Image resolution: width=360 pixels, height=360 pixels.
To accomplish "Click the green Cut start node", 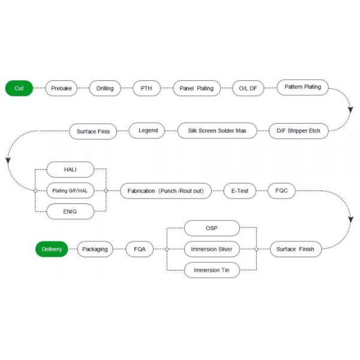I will click(19, 88).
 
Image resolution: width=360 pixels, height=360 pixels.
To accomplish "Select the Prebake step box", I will click(62, 88).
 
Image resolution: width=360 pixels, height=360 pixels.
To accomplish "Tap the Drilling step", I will click(105, 88).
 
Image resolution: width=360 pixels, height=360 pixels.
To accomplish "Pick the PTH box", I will click(146, 88).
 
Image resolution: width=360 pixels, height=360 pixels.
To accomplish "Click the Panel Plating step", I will click(196, 88).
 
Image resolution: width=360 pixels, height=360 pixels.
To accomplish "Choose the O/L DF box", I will click(248, 88).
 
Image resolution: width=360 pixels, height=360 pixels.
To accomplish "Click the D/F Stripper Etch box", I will click(298, 130).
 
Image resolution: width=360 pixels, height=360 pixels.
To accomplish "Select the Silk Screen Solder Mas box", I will click(217, 130).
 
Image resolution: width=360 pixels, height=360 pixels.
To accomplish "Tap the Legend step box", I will click(148, 130).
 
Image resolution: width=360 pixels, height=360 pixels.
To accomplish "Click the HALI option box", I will click(70, 170).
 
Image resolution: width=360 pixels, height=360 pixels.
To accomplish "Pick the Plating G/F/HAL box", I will click(70, 191).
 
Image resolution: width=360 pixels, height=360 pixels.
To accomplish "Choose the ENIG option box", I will click(70, 211).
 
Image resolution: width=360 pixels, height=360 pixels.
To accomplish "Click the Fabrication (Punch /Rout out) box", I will click(166, 191).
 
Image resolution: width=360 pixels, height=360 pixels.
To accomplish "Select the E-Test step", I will click(239, 191).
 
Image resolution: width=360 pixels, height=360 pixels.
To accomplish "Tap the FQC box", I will click(281, 191).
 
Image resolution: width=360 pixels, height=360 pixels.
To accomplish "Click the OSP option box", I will click(211, 228).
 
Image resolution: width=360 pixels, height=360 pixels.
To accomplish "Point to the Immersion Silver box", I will click(211, 248).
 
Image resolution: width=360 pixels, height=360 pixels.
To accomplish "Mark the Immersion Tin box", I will click(211, 269).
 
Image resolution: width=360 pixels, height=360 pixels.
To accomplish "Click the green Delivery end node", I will click(52, 248).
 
